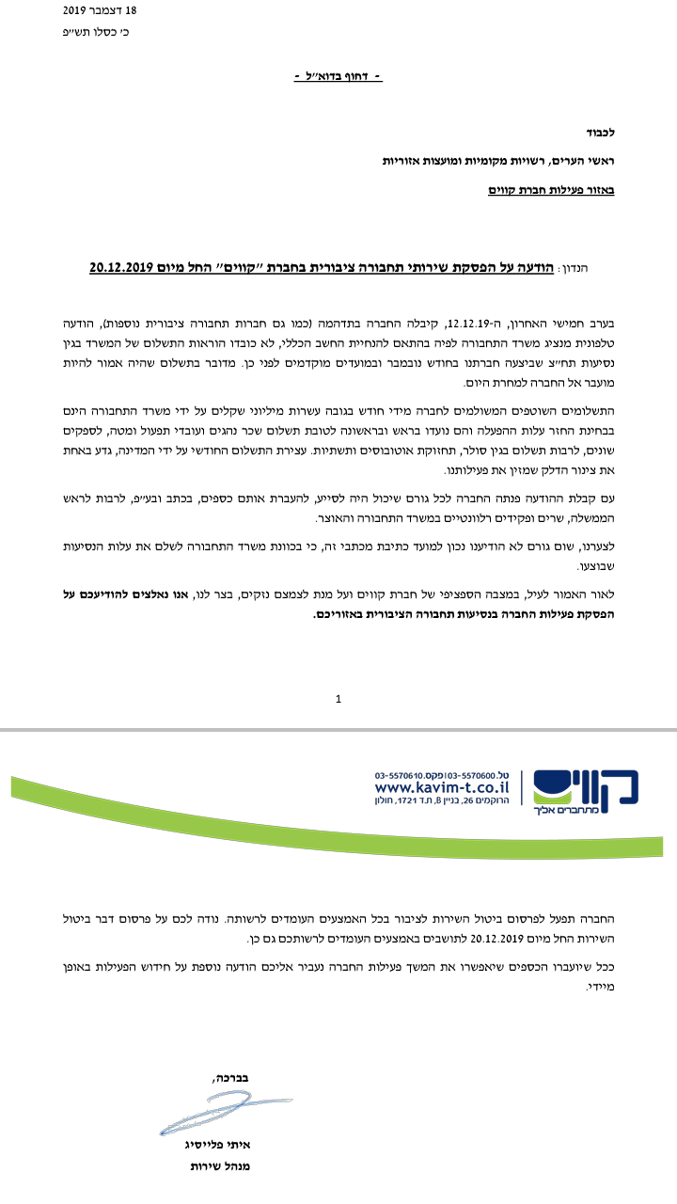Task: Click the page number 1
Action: tap(338, 699)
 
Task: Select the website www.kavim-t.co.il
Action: tap(442, 786)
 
